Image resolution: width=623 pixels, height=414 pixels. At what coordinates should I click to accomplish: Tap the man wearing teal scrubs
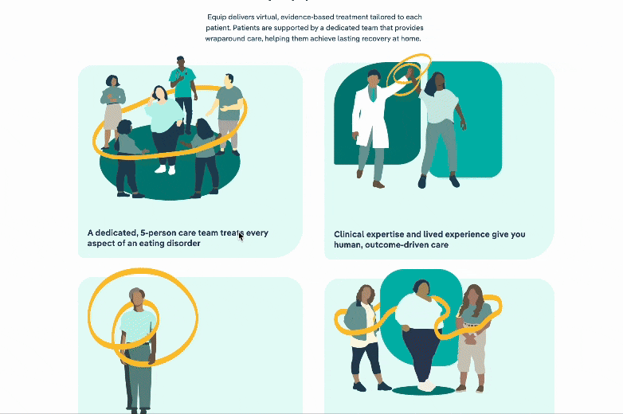pyautogui.click(x=183, y=94)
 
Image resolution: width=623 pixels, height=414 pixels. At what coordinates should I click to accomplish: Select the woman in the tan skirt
pyautogui.click(x=112, y=111)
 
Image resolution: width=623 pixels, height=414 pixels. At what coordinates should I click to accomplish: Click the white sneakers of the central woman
pyautogui.click(x=165, y=170)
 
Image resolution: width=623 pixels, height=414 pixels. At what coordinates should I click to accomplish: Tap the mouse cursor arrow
pyautogui.click(x=241, y=236)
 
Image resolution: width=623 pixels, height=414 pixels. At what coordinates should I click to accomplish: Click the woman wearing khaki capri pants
pyautogui.click(x=472, y=338)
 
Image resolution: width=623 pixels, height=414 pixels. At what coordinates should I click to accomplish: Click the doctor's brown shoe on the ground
pyautogui.click(x=378, y=184)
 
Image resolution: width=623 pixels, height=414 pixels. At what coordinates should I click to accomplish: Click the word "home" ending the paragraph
pyautogui.click(x=411, y=38)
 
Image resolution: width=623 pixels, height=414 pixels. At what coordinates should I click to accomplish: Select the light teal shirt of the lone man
pyautogui.click(x=138, y=326)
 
